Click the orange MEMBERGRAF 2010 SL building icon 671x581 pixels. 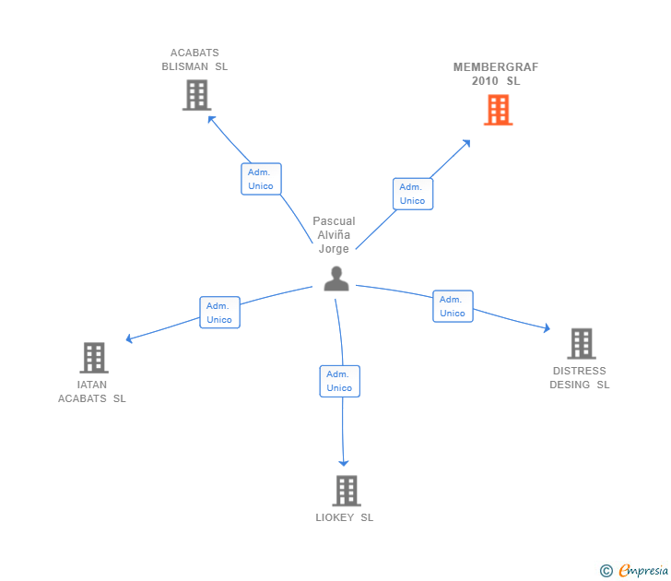click(x=498, y=111)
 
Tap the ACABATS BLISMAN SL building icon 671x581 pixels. click(x=196, y=95)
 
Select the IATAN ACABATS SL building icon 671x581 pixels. click(x=93, y=358)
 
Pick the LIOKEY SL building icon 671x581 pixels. click(x=346, y=491)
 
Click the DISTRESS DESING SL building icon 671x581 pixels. click(x=581, y=344)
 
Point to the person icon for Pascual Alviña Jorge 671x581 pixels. click(x=336, y=279)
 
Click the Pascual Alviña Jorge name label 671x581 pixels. click(x=334, y=235)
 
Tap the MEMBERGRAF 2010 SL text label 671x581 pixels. click(x=496, y=74)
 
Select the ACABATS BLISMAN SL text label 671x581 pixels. click(x=194, y=60)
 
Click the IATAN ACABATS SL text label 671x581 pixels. click(x=92, y=392)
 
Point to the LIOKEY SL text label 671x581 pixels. click(x=345, y=517)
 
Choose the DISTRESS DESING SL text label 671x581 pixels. click(x=580, y=378)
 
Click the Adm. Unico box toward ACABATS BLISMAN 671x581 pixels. click(x=261, y=179)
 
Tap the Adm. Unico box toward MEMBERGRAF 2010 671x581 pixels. click(x=412, y=194)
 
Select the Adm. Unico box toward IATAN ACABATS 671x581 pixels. click(x=219, y=313)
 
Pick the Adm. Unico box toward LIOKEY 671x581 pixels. click(x=339, y=381)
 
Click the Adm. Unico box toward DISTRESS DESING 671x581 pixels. click(x=453, y=306)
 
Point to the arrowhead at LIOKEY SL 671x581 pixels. click(x=344, y=462)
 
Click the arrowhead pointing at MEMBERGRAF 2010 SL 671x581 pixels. click(x=466, y=144)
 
